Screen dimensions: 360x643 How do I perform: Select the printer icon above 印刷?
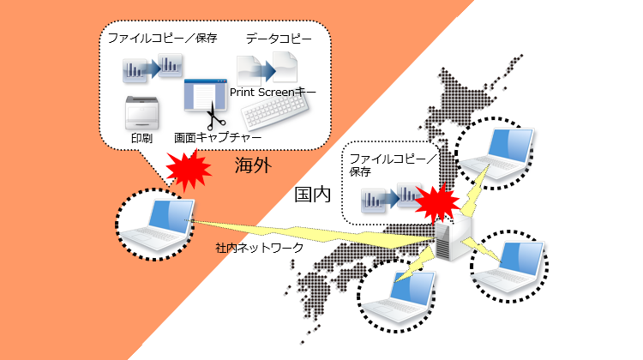click(144, 112)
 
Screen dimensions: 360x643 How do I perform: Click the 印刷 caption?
click(141, 137)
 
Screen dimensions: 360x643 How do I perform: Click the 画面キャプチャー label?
click(218, 137)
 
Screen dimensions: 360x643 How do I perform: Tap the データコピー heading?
click(273, 39)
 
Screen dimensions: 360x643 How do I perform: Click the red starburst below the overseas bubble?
click(191, 169)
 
